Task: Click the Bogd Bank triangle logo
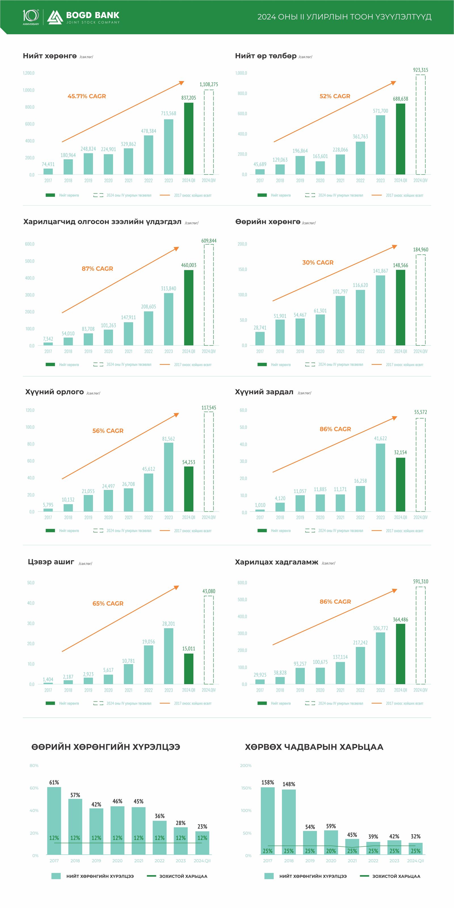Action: (x=55, y=17)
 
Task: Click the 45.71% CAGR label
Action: (x=87, y=96)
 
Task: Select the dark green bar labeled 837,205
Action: (x=189, y=139)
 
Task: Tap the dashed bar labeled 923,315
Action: (x=421, y=125)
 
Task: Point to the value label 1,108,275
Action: (x=209, y=84)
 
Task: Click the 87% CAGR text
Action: (x=97, y=269)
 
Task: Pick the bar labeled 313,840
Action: (x=169, y=319)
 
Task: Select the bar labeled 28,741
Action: (x=260, y=338)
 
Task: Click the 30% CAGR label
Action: (x=318, y=263)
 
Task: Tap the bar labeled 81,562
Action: (x=169, y=477)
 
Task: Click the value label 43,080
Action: (x=209, y=591)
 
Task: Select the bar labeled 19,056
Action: (x=148, y=664)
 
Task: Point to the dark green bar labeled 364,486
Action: (x=400, y=654)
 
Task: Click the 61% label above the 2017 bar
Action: (x=54, y=783)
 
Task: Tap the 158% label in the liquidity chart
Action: (x=268, y=783)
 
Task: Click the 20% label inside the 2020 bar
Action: (x=331, y=851)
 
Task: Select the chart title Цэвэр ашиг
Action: (x=51, y=562)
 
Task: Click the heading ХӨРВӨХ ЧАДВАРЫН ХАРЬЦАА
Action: (x=314, y=747)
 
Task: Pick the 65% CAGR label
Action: (x=108, y=603)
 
